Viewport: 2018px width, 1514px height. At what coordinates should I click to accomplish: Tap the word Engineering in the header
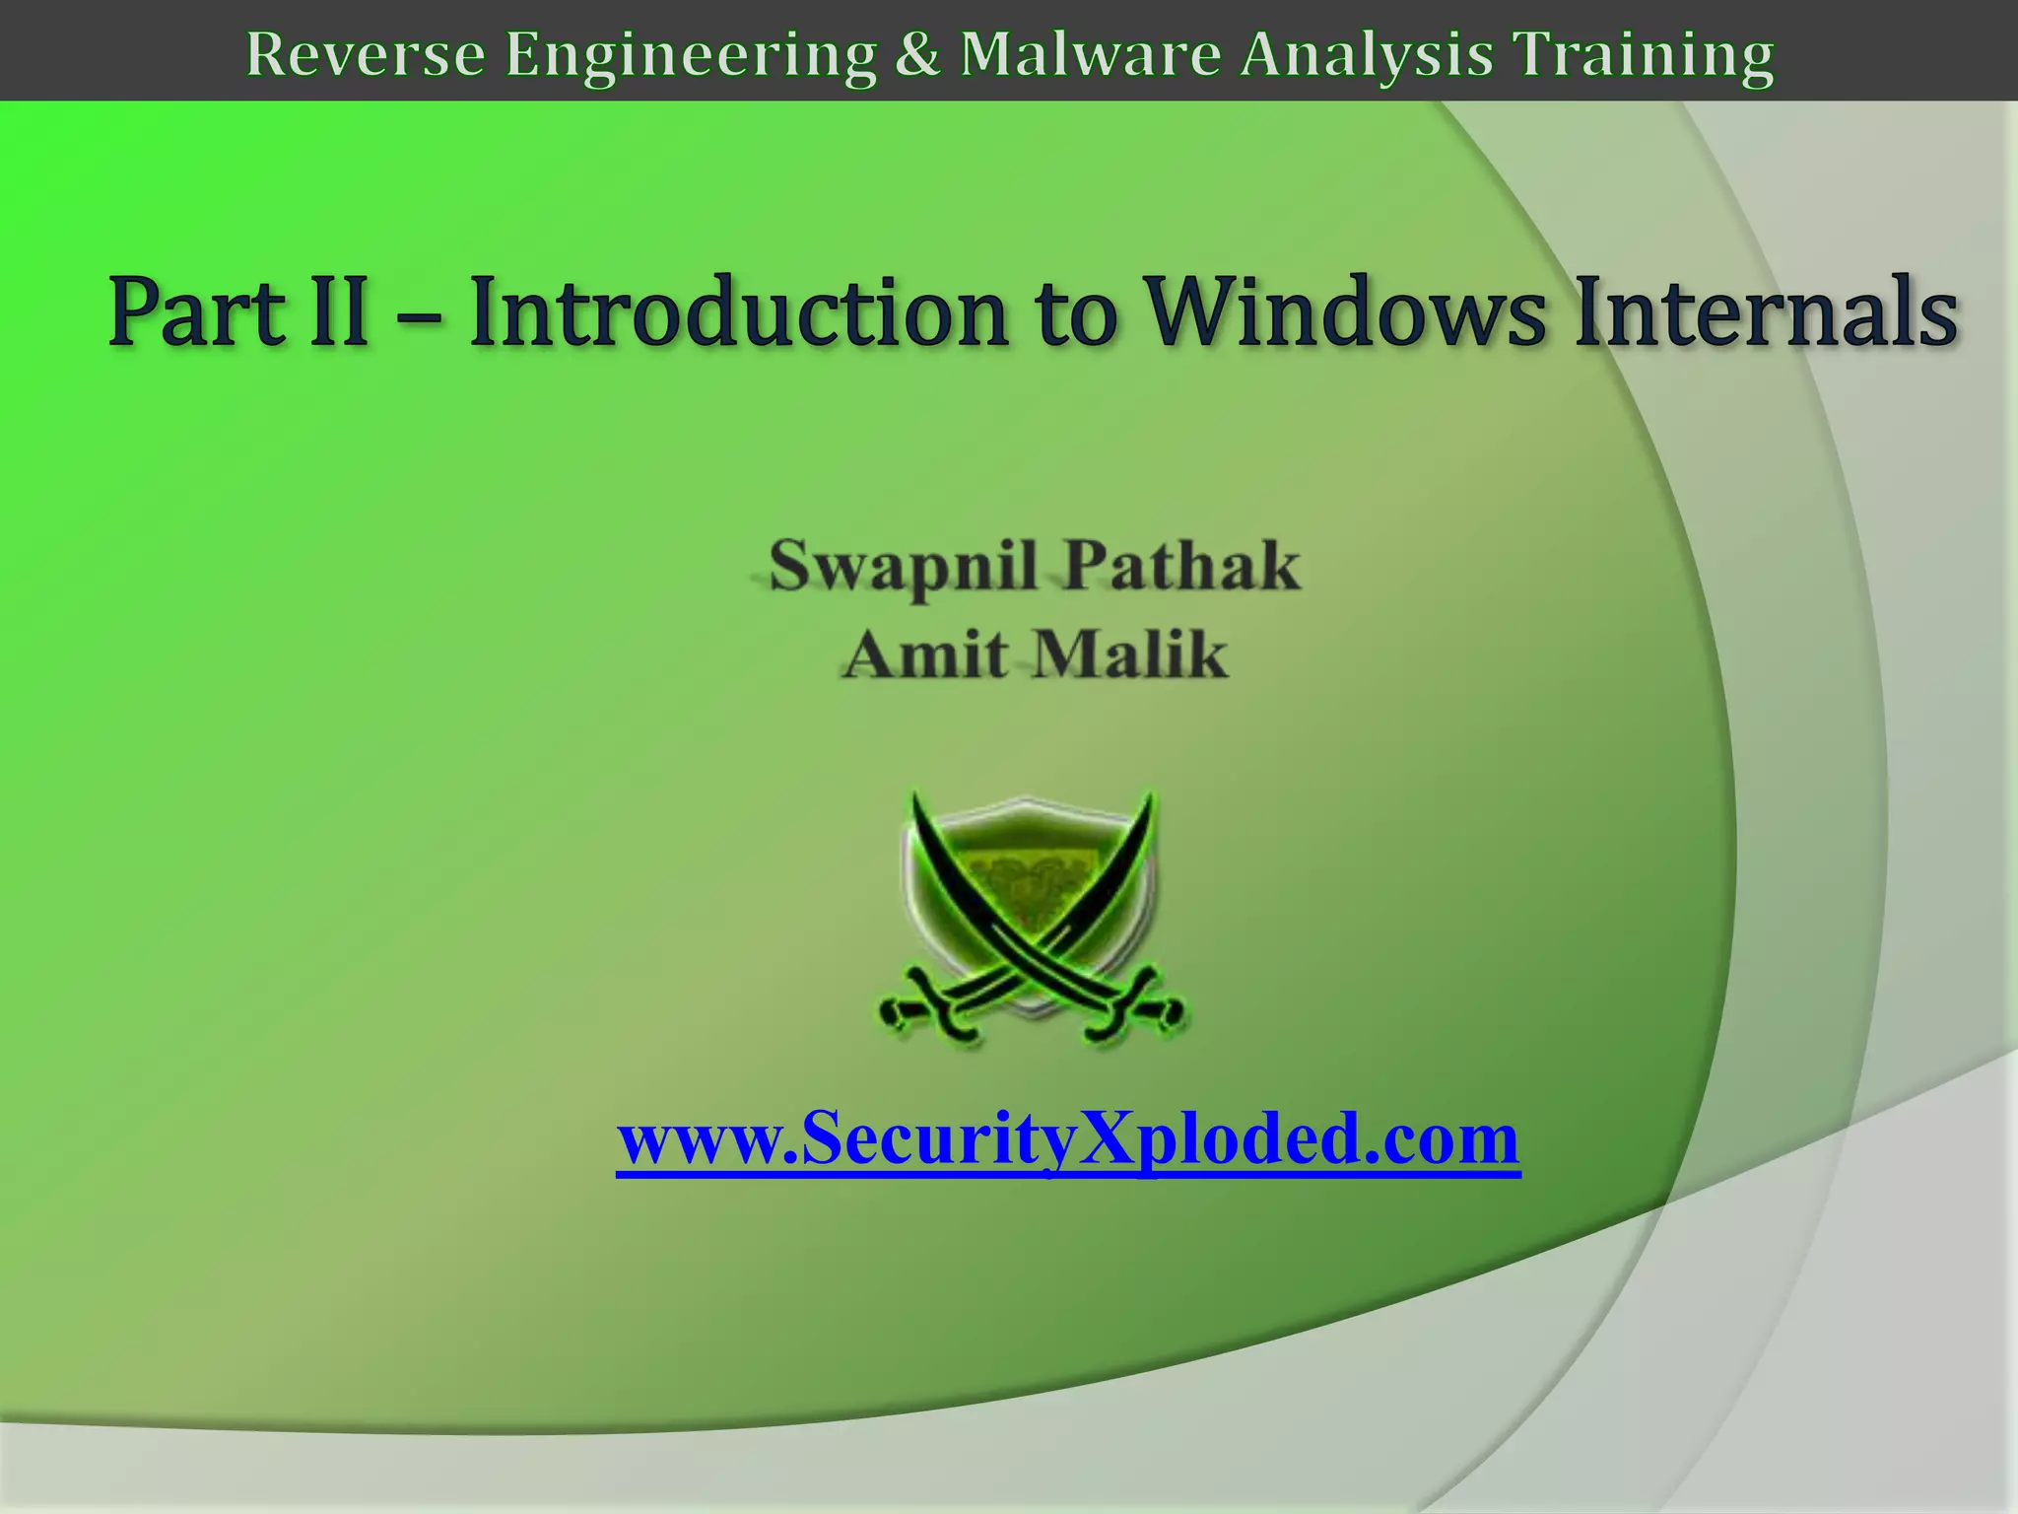coord(690,55)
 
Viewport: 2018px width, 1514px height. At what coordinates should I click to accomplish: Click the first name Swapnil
coord(903,568)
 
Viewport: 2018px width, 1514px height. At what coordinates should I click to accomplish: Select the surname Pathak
coord(1182,566)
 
